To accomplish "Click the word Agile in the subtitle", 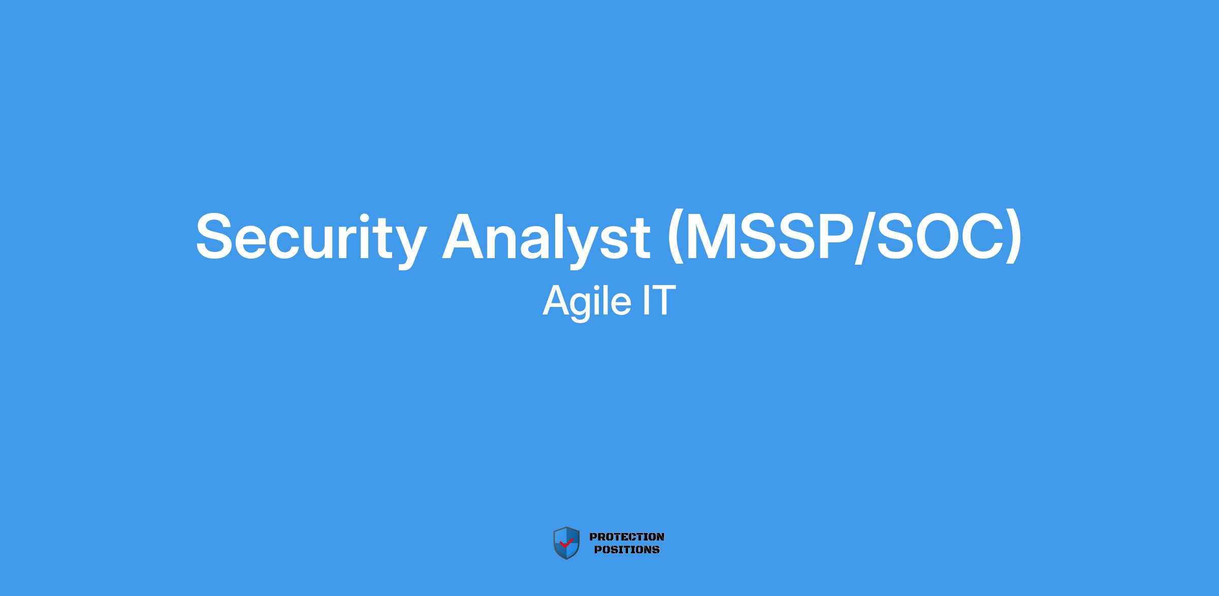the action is (587, 302).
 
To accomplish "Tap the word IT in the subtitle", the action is (659, 300).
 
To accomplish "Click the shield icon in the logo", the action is (566, 543).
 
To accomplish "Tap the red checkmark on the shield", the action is (566, 543).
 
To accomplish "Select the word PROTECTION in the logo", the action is (627, 537).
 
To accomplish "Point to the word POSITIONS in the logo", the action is (627, 549).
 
